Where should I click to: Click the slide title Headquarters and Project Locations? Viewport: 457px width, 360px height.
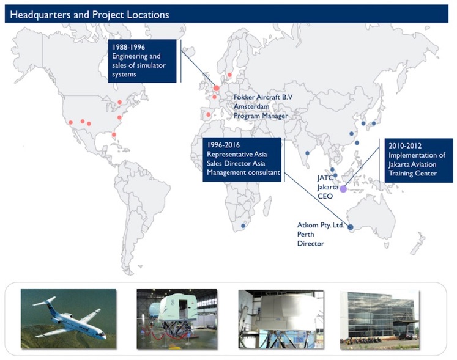[x=89, y=15]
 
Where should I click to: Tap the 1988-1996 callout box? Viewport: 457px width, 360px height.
[x=142, y=61]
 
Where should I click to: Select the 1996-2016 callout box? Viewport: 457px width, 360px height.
[x=242, y=160]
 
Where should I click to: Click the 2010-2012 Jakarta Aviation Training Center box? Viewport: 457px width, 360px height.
[x=419, y=160]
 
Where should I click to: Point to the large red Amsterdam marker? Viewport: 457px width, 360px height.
[x=216, y=88]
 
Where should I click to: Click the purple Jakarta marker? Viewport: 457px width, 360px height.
[x=343, y=189]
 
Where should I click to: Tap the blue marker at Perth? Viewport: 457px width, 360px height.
[x=351, y=227]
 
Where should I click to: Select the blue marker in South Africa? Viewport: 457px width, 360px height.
[x=243, y=226]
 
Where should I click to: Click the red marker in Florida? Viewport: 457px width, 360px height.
[x=114, y=134]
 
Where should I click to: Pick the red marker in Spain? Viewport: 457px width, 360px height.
[x=209, y=115]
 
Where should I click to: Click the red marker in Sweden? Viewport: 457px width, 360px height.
[x=229, y=75]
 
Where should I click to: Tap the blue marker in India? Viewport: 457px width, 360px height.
[x=307, y=153]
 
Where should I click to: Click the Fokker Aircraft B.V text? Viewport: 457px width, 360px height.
[x=263, y=97]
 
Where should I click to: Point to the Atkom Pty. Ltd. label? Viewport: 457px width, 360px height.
[x=321, y=225]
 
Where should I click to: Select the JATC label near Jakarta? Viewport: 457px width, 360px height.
[x=325, y=178]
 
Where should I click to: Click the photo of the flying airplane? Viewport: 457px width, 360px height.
[x=69, y=318]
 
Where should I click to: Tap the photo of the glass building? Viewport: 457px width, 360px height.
[x=379, y=320]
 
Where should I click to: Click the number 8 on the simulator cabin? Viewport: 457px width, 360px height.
[x=173, y=303]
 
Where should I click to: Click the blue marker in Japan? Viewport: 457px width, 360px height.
[x=374, y=123]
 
